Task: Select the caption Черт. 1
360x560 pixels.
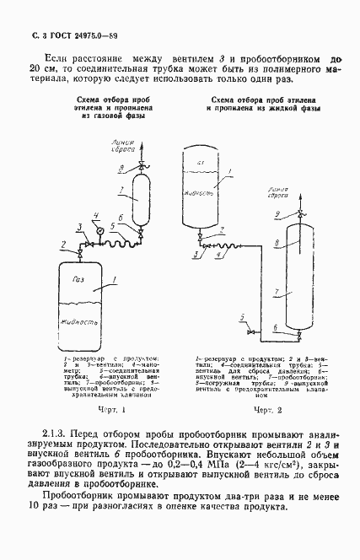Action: coord(111,409)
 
